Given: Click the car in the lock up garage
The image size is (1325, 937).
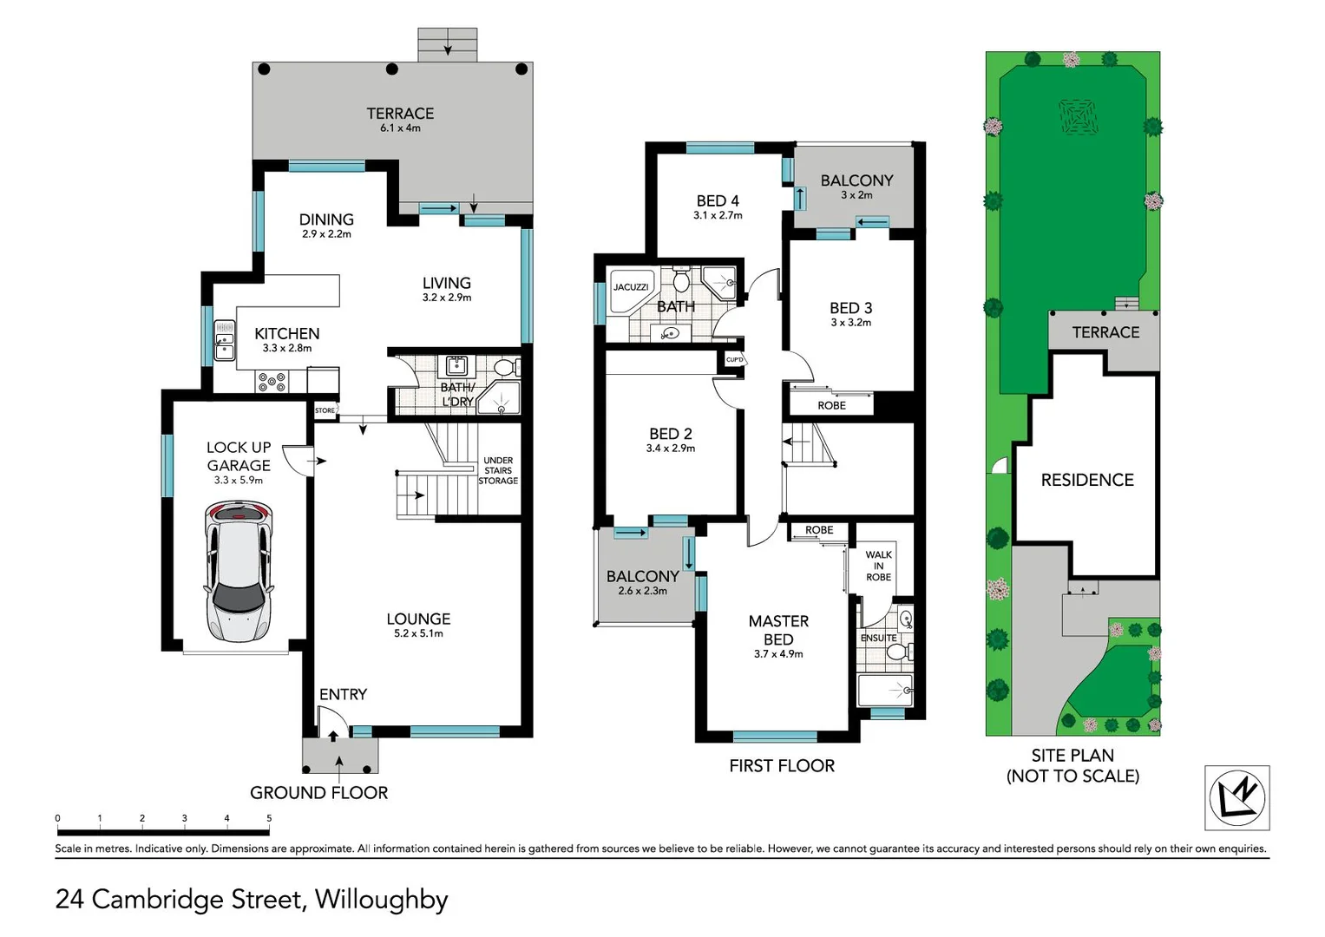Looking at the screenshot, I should pos(238,572).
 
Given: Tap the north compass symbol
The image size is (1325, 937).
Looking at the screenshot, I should pos(1236,797).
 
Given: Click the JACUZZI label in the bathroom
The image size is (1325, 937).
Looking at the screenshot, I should pos(631,287).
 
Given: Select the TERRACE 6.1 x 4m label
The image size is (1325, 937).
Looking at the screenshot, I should pos(400,119).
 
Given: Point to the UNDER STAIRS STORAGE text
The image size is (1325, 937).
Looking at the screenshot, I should pos(498,470).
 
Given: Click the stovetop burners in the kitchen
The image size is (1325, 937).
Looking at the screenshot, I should pos(272,381).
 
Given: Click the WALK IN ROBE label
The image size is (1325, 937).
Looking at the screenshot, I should pos(878,566).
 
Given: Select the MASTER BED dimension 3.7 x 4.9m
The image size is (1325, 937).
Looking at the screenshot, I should pos(778,654).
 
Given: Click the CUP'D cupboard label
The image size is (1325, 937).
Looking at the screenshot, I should pos(734,359).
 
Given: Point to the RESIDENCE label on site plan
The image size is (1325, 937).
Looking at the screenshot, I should pos(1087,480).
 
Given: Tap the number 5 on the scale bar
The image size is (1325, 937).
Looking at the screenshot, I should pos(269,818).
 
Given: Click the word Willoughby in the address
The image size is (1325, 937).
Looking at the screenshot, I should pos(381,900).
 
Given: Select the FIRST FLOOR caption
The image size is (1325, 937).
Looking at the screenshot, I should pos(782,766).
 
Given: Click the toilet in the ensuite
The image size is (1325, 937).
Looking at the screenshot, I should pos(899,651).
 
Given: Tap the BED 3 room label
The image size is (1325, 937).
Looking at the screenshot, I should pos(850,308).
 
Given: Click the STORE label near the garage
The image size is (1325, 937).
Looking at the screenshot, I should pos(325,410).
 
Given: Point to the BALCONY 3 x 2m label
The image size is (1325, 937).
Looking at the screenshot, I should pos(856,186).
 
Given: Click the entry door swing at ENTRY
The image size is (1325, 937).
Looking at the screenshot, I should pos(331,719).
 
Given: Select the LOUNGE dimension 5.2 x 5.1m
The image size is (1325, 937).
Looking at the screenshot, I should pos(418,633).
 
